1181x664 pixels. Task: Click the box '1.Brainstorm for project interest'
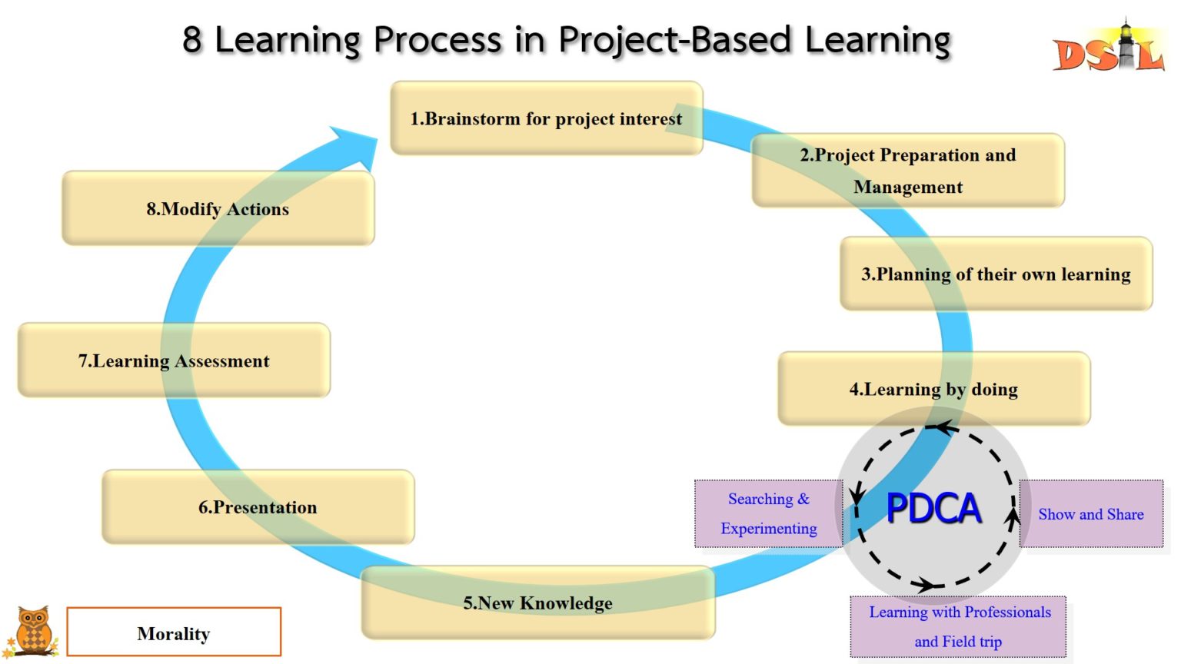point(546,118)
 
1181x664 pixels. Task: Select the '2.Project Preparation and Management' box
point(907,171)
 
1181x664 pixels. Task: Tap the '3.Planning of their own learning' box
point(996,274)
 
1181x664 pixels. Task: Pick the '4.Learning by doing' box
point(933,389)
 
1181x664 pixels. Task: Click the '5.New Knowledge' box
point(537,603)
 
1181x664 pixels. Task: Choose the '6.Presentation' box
point(258,507)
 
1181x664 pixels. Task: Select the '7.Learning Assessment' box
point(174,360)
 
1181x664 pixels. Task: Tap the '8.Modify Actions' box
point(218,209)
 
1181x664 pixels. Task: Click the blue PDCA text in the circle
point(933,508)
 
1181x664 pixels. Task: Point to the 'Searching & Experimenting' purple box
point(768,513)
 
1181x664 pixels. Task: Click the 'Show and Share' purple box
point(1091,514)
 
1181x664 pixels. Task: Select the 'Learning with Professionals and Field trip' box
point(959,626)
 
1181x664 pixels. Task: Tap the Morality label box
point(174,632)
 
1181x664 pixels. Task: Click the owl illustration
point(33,632)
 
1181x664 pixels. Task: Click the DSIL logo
point(1108,50)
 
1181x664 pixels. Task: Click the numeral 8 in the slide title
point(192,40)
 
